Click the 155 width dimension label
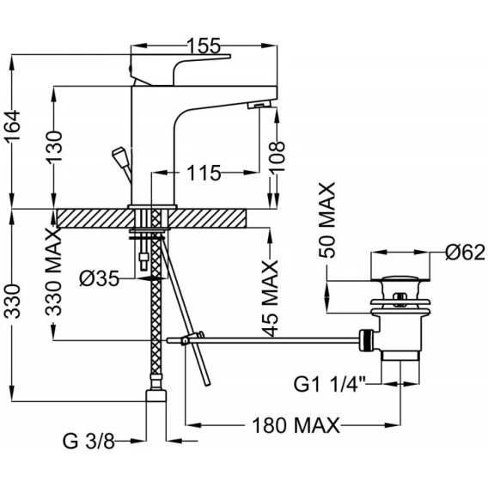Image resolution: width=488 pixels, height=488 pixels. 204,46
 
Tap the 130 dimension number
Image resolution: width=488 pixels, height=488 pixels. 55,146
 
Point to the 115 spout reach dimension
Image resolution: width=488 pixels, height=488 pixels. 204,173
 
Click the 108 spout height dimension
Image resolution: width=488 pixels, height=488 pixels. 277,156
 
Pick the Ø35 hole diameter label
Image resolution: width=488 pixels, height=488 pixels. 100,278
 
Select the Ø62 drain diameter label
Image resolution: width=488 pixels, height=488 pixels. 465,252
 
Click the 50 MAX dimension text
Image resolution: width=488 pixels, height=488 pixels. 327,220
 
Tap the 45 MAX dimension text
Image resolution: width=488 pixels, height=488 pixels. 270,299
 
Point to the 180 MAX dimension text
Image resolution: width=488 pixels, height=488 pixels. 296,425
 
